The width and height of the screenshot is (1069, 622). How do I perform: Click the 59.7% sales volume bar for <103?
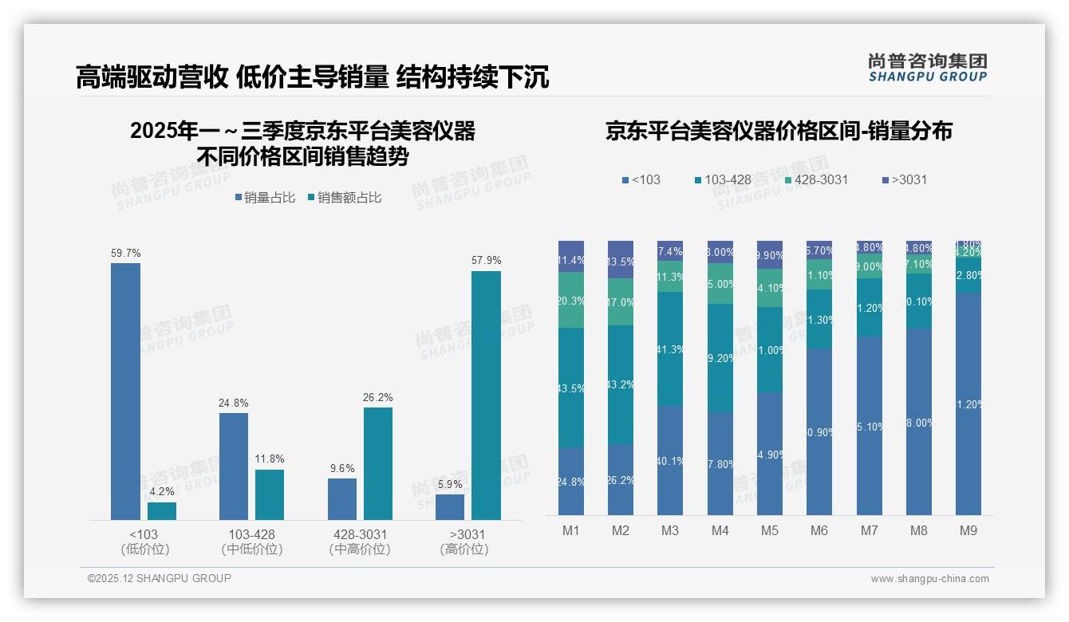pos(125,391)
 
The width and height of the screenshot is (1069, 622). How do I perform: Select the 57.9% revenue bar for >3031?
pos(486,396)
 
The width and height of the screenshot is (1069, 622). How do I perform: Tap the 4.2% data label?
pos(161,491)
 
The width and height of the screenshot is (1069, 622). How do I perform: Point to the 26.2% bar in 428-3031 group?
pos(378,463)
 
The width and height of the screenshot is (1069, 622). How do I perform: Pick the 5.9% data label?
pos(450,484)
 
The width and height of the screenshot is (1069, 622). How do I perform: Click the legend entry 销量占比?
pos(269,198)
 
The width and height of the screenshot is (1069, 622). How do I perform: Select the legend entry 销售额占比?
pos(349,198)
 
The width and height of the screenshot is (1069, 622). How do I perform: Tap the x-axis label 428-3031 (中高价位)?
pos(359,541)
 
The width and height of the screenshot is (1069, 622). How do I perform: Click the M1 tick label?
pos(571,530)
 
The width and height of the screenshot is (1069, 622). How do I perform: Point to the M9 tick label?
pos(968,530)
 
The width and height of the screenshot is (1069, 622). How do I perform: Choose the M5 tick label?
pos(769,530)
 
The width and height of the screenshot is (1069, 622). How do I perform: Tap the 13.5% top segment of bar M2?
pos(621,260)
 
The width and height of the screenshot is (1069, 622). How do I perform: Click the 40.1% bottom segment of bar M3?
pos(670,460)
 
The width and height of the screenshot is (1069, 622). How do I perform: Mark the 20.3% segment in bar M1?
pos(571,301)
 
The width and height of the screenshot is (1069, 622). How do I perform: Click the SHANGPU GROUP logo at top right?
pos(927,68)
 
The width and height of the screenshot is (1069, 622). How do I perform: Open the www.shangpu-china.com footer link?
pos(929,579)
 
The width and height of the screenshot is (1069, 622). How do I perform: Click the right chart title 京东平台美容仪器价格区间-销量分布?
pos(779,132)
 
